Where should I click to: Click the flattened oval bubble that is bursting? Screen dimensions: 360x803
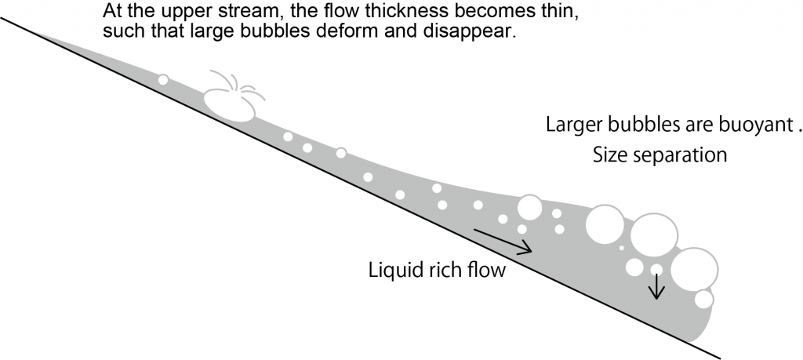(229, 103)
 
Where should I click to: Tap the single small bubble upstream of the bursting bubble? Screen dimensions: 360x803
(163, 80)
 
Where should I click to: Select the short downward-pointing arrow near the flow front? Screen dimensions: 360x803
(657, 286)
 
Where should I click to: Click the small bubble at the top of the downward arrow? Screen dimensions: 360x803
(657, 270)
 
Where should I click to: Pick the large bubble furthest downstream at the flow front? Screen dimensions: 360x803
(693, 269)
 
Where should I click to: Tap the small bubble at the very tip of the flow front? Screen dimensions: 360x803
(703, 299)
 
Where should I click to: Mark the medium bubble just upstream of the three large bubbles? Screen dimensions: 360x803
(529, 208)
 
